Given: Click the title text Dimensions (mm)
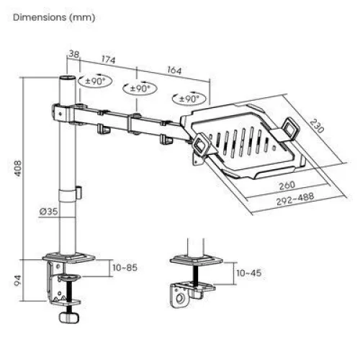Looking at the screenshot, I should click(x=53, y=16).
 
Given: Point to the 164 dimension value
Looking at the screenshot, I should click(x=174, y=71).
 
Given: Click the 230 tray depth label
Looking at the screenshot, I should click(x=315, y=125).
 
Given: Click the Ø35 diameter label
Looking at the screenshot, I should click(x=49, y=211).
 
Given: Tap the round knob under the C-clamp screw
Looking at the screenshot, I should click(x=69, y=318).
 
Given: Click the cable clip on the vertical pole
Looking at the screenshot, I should click(x=75, y=192).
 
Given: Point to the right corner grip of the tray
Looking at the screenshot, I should click(x=291, y=127).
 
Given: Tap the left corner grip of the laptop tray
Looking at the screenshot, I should click(x=199, y=142).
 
